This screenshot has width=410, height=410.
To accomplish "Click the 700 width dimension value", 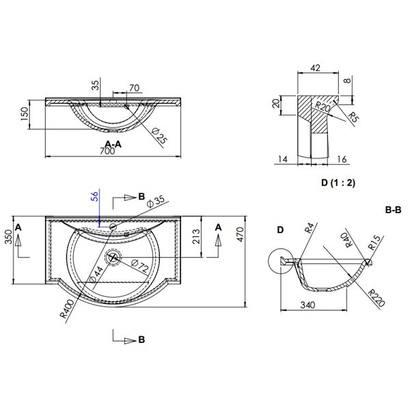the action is coord(107,151).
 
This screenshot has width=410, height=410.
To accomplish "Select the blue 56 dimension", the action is coord(96,196).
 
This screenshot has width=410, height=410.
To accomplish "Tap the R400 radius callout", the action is coord(68,309).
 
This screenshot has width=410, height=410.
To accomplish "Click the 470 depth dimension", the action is coord(240,234).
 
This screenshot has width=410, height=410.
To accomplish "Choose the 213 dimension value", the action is coord(196,236).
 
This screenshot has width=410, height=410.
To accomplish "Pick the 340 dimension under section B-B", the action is coord(307,305).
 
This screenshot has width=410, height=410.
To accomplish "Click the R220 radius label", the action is coord(377,299).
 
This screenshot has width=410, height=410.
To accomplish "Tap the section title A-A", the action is coord(113,144).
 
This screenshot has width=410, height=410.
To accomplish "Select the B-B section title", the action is coord(393,210).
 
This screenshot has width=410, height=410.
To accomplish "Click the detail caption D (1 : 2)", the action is coord(338,182).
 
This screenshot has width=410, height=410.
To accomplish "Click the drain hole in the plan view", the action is coord(113,258).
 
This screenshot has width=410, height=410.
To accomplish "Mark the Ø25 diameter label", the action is coord(159,136).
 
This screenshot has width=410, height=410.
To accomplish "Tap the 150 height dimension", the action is coord(24,114).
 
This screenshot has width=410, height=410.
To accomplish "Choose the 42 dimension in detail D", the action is coord(315,68).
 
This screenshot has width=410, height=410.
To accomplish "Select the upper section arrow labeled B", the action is coord(128,198).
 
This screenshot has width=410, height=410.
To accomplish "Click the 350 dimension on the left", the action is coord(10,237).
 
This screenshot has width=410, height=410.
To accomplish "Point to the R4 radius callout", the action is coord(310,228).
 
